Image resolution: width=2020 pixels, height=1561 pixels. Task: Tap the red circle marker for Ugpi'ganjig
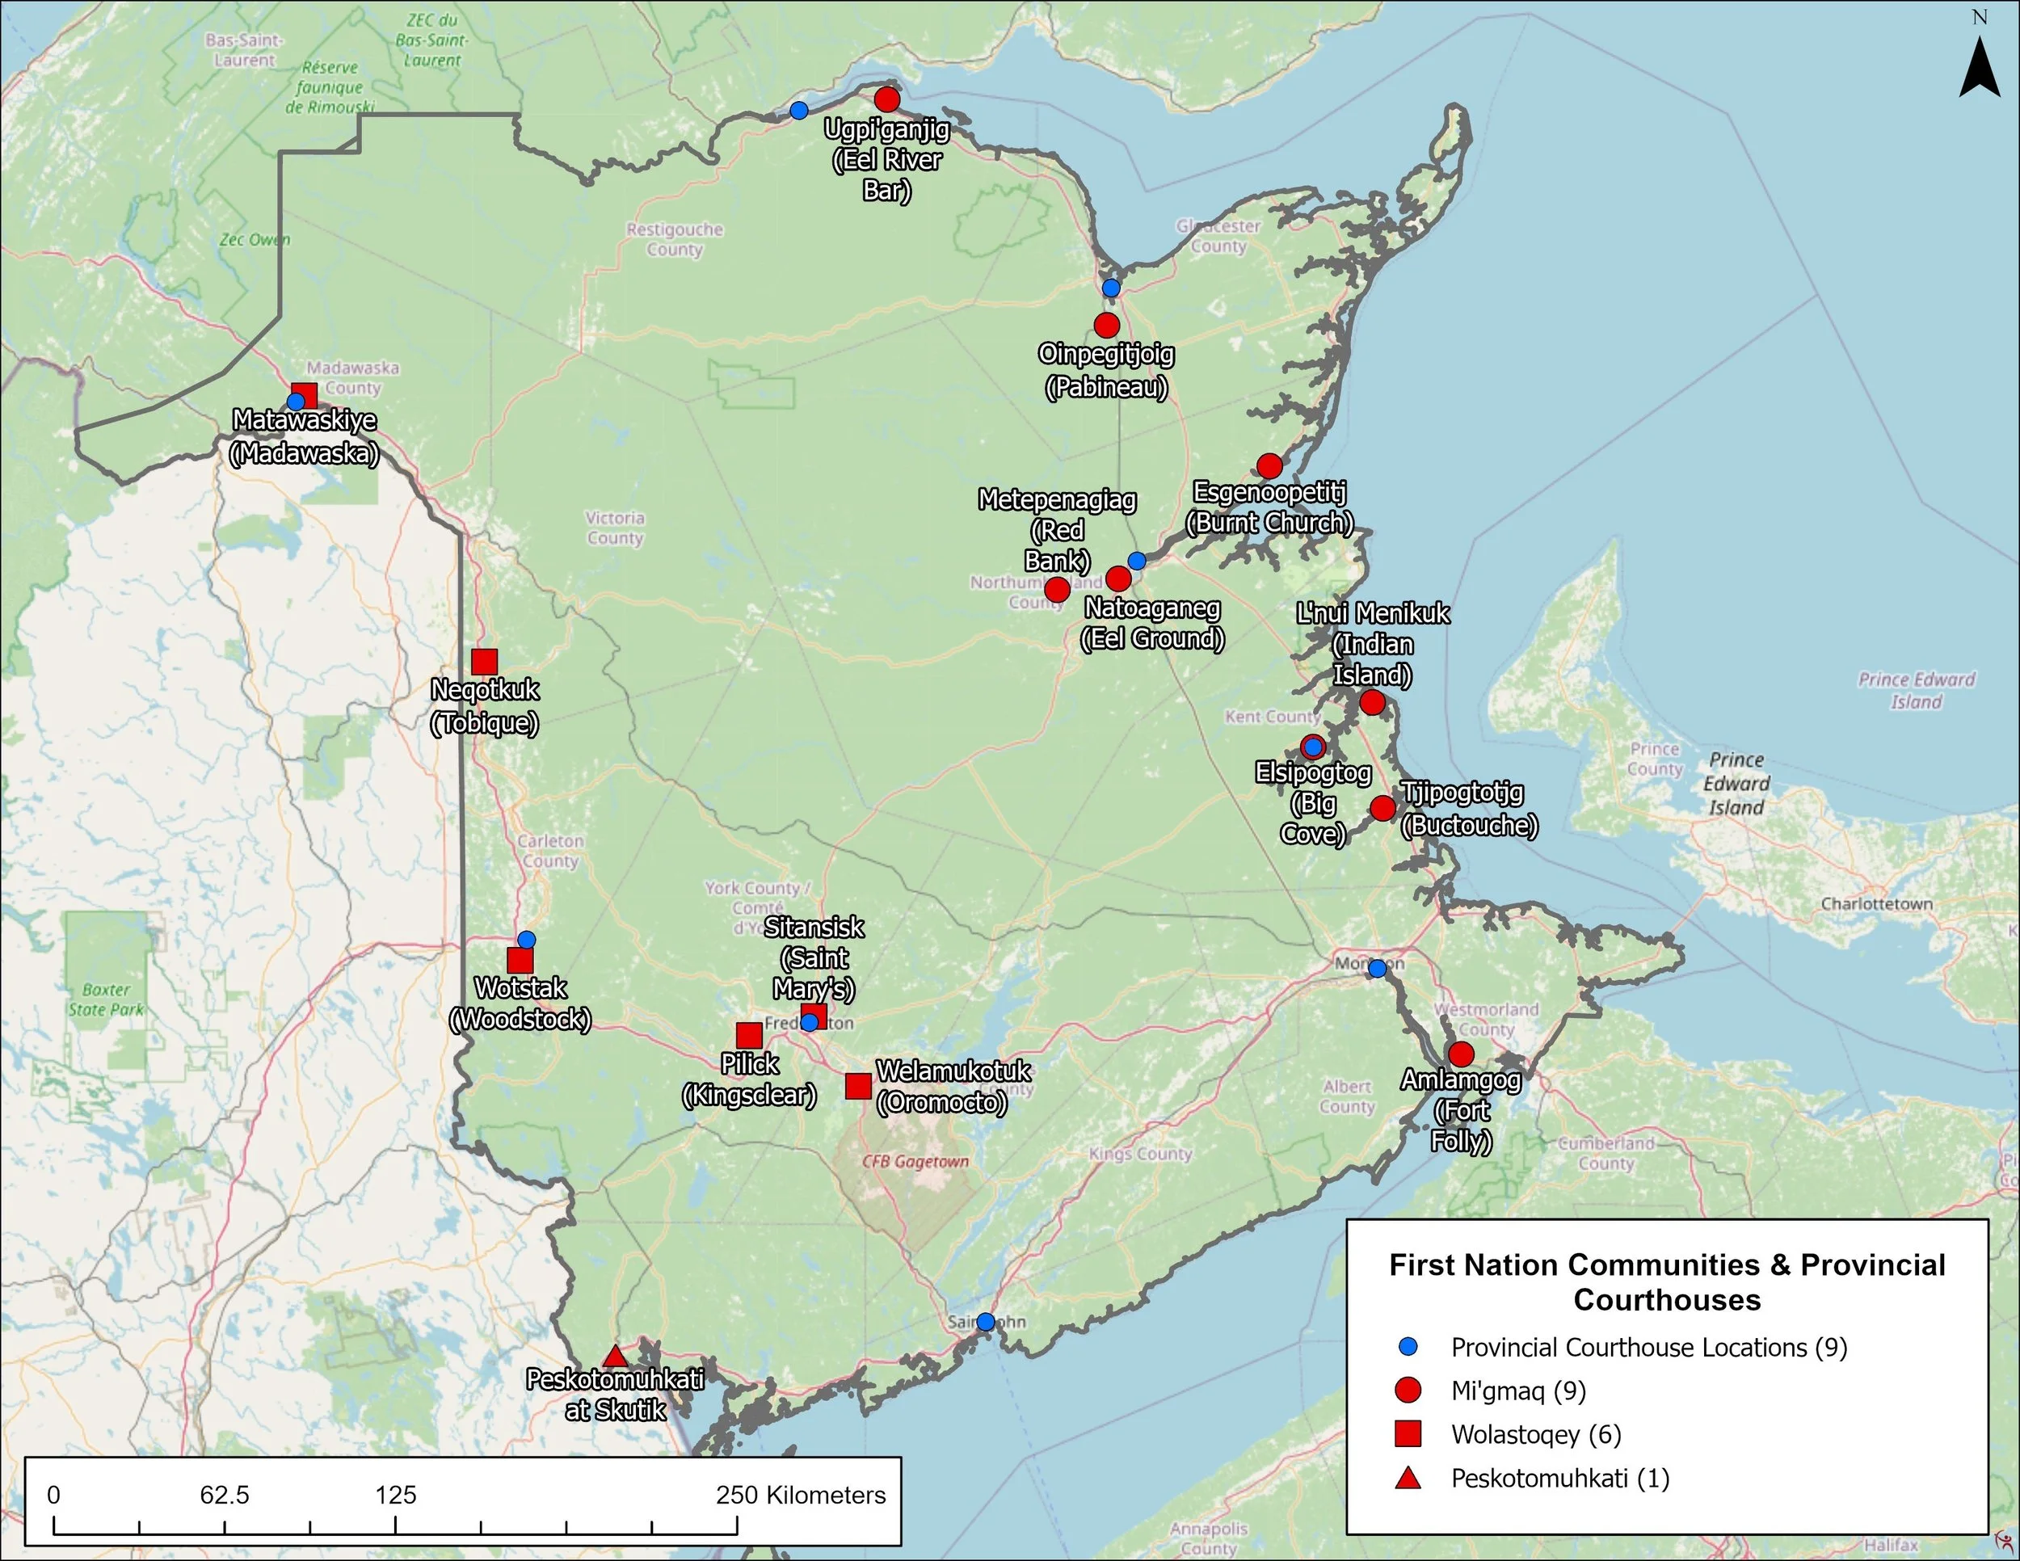coord(887,99)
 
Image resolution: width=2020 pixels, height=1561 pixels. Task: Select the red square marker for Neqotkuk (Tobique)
coord(484,661)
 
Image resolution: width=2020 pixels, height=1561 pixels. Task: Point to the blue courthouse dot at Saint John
coord(986,1322)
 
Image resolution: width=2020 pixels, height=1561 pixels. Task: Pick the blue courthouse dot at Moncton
coord(1377,968)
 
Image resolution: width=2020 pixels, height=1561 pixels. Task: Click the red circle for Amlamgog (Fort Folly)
coord(1460,1054)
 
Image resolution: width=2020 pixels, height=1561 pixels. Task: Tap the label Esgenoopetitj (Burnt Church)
coord(1269,507)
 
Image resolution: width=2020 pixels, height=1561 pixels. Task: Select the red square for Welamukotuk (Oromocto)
coord(858,1086)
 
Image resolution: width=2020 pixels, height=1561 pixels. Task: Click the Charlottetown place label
coord(1877,903)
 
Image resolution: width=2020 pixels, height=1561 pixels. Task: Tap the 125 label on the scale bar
coord(396,1496)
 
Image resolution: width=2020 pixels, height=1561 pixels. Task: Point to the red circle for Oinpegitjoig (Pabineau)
coord(1106,325)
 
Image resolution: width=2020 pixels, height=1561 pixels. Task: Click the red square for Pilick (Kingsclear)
coord(749,1035)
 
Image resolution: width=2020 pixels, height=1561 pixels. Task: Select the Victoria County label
coord(615,527)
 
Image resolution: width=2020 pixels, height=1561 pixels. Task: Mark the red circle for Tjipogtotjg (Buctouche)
coord(1382,807)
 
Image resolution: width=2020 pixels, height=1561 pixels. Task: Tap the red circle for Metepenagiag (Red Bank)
coord(1057,589)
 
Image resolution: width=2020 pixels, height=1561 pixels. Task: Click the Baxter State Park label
coord(107,999)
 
